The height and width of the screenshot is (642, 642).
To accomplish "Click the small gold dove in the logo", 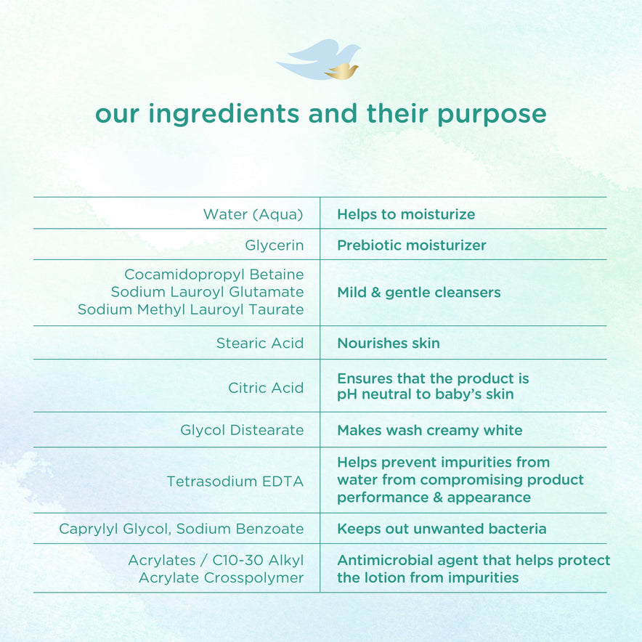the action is pyautogui.click(x=341, y=71).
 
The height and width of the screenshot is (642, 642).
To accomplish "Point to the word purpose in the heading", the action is pyautogui.click(x=492, y=115).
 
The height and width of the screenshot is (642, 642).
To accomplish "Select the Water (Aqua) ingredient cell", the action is pyautogui.click(x=253, y=214).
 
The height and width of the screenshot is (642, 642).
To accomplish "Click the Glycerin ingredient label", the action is pyautogui.click(x=275, y=245).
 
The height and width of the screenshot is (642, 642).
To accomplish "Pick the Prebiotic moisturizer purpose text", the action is pyautogui.click(x=412, y=245).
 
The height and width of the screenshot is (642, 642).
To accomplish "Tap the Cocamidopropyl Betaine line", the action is pyautogui.click(x=214, y=275).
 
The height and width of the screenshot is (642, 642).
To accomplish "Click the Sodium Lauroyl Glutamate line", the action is pyautogui.click(x=207, y=292).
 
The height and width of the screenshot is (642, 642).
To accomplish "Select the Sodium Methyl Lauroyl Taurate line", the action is pyautogui.click(x=191, y=309).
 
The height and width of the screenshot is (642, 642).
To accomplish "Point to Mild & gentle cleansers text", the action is pyautogui.click(x=419, y=293).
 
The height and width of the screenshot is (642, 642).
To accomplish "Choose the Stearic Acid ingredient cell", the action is pyautogui.click(x=260, y=343).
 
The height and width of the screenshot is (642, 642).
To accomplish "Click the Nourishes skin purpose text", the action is pyautogui.click(x=389, y=343).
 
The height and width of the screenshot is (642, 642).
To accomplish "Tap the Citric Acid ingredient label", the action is pyautogui.click(x=266, y=388).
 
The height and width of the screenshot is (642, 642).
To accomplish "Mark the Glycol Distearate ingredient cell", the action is pyautogui.click(x=242, y=430).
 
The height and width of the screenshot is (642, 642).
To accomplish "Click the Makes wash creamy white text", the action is pyautogui.click(x=430, y=431).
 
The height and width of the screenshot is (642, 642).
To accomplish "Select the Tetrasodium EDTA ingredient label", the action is pyautogui.click(x=235, y=481).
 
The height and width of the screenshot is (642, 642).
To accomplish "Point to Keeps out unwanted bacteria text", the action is pyautogui.click(x=442, y=529).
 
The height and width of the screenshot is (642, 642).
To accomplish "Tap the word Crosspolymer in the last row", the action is pyautogui.click(x=254, y=577).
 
